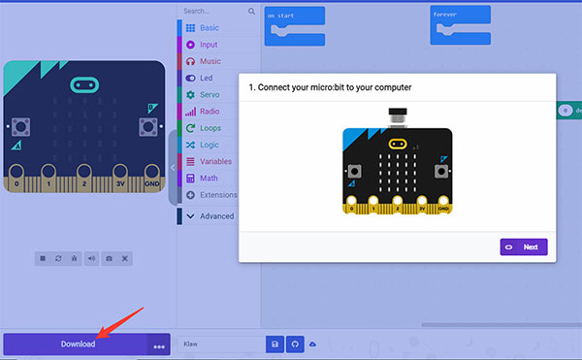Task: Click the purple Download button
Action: pyautogui.click(x=78, y=344)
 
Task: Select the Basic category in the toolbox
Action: pyautogui.click(x=209, y=28)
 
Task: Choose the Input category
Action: pyautogui.click(x=209, y=45)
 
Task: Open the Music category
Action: pyautogui.click(x=209, y=61)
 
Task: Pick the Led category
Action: pyautogui.click(x=206, y=78)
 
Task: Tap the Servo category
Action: pyautogui.click(x=209, y=94)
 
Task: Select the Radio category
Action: pyautogui.click(x=209, y=112)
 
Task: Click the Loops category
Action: pyautogui.click(x=210, y=128)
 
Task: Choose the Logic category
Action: pyautogui.click(x=209, y=145)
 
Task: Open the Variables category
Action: pyautogui.click(x=214, y=161)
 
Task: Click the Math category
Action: pyautogui.click(x=209, y=179)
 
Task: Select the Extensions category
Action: pyautogui.click(x=217, y=195)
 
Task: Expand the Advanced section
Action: pyautogui.click(x=215, y=216)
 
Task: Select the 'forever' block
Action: pyautogui.click(x=456, y=15)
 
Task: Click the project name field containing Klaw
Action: pyautogui.click(x=221, y=344)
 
